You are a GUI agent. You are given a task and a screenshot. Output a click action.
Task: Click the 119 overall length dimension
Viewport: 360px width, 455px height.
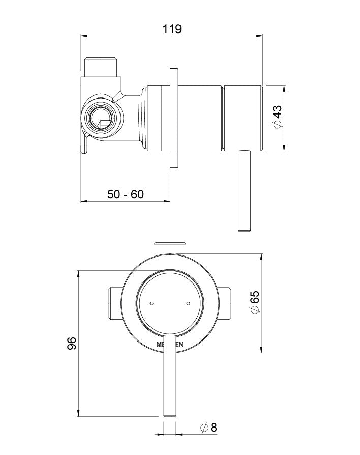(x=172, y=29)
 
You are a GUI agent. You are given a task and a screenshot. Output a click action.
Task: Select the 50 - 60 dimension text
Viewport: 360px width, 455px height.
(x=126, y=194)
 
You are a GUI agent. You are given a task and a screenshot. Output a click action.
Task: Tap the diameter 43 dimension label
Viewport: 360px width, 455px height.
(x=277, y=118)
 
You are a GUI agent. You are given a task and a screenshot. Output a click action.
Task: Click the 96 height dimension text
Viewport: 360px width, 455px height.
(x=72, y=343)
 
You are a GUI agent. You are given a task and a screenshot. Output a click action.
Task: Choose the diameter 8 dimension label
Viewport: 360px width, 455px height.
(x=209, y=428)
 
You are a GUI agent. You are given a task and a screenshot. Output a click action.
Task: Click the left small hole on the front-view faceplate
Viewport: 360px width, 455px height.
(x=152, y=304)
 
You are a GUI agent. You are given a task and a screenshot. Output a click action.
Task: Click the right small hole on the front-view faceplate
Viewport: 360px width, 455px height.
(x=188, y=304)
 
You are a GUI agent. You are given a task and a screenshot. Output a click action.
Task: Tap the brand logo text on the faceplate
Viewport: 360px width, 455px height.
(x=170, y=345)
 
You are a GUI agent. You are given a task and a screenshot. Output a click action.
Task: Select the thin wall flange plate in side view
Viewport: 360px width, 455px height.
(x=174, y=118)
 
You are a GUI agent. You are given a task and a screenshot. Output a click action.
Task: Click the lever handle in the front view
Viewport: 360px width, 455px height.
(x=170, y=387)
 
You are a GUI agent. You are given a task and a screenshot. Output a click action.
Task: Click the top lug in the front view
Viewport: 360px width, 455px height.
(x=170, y=248)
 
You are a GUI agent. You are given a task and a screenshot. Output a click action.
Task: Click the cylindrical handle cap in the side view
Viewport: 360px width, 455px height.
(x=243, y=118)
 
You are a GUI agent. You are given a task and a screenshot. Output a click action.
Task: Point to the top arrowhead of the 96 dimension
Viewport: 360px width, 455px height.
(x=78, y=274)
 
